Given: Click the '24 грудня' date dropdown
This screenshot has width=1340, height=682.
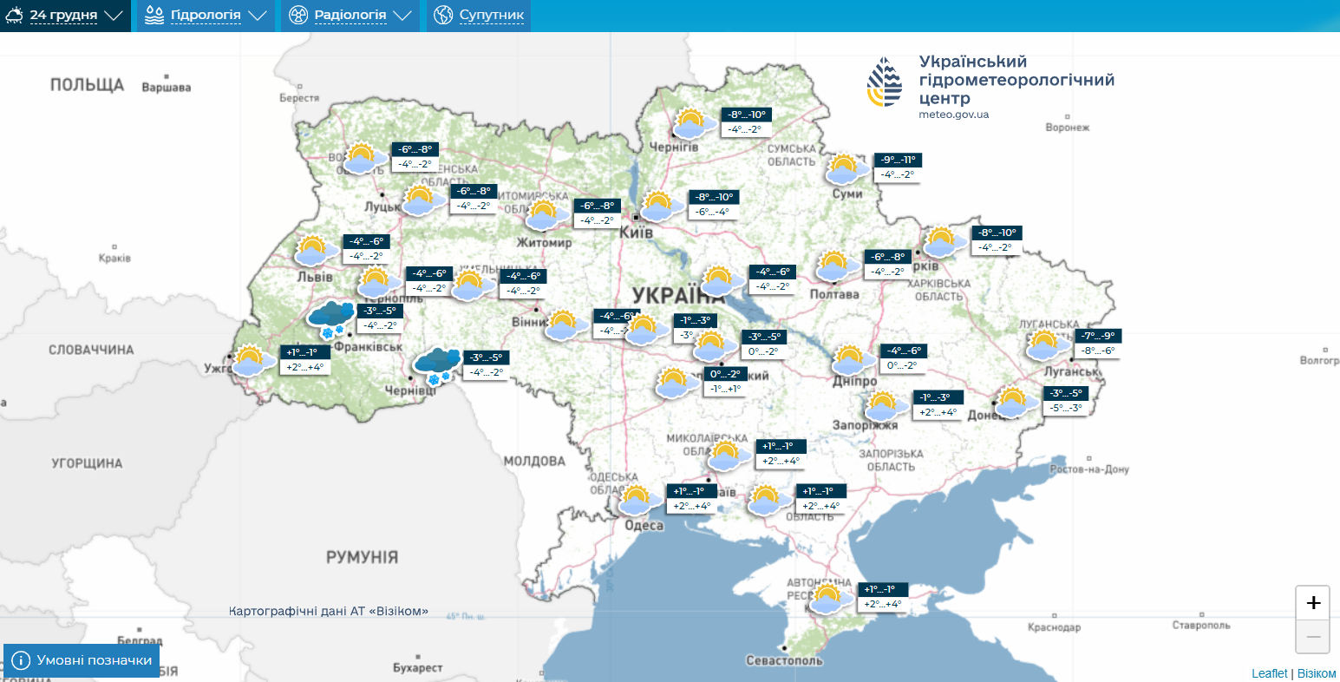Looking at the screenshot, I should coord(65,16).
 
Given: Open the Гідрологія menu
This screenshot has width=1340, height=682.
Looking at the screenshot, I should coord(206,16).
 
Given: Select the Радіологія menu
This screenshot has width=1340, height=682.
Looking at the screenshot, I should coord(350,16).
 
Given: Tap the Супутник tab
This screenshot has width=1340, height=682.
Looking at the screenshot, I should coord(479,16).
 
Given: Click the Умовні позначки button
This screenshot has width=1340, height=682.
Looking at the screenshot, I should coord(82,660).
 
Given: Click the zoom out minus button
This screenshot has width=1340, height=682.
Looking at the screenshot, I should coord(1312,637).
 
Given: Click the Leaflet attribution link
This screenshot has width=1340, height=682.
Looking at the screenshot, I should coord(1269,673).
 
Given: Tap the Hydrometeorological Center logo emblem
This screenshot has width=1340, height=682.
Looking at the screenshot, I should coord(885,82).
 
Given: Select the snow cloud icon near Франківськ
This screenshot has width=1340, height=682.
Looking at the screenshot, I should coord(330,319).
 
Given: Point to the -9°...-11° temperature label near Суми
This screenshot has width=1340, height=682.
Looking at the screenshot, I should coord(898,160).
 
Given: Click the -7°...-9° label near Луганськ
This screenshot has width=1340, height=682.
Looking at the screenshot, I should coord(1097,336).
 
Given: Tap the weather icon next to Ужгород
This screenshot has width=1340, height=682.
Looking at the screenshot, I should coord(249,360).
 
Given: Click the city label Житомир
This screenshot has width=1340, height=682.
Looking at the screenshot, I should coord(544,243).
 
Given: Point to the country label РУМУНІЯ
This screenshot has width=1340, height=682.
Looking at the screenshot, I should coord(362,557).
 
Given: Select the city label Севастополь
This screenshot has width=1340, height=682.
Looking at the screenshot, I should coord(784,660).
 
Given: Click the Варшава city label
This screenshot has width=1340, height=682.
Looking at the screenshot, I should coord(166,88).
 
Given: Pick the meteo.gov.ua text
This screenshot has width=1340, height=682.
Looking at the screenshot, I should coord(953,115).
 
